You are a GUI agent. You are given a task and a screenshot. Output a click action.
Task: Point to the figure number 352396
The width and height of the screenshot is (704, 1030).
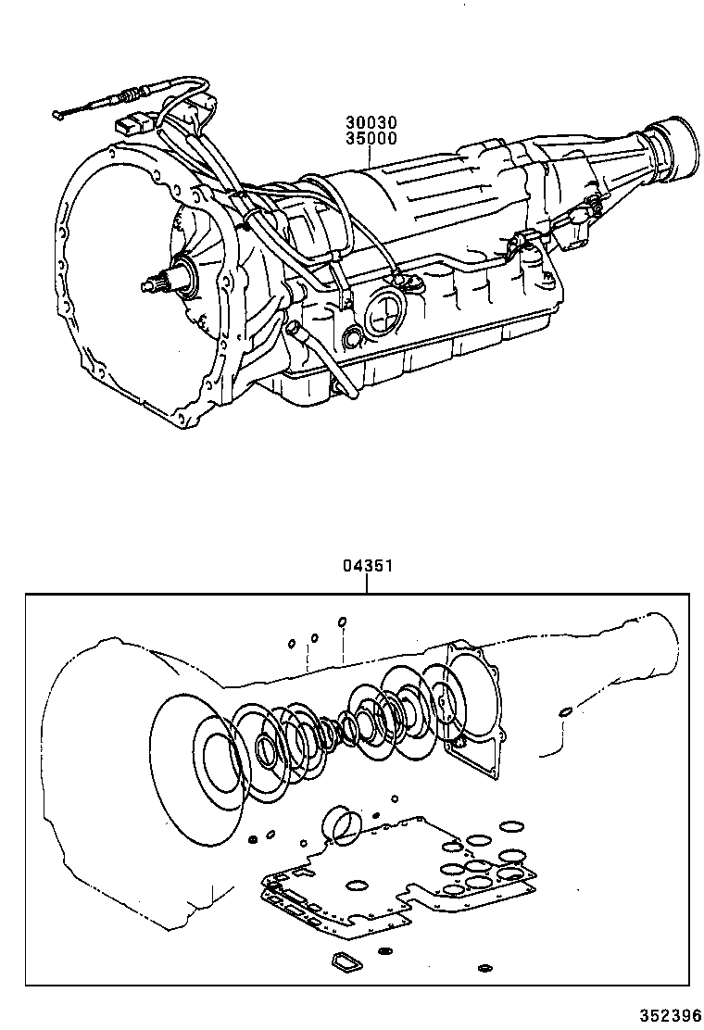point(670,1014)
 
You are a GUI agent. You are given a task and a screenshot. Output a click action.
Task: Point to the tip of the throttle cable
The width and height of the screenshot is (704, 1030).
point(57,116)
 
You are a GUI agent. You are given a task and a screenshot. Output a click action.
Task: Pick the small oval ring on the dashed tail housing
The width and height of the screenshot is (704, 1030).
point(563,712)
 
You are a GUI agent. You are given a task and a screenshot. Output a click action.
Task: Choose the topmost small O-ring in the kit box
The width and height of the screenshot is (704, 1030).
point(342,622)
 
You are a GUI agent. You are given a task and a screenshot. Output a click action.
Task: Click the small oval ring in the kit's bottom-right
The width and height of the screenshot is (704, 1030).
point(484,969)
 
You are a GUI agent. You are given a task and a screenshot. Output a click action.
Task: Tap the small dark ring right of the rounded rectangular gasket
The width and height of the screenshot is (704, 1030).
point(385,952)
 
